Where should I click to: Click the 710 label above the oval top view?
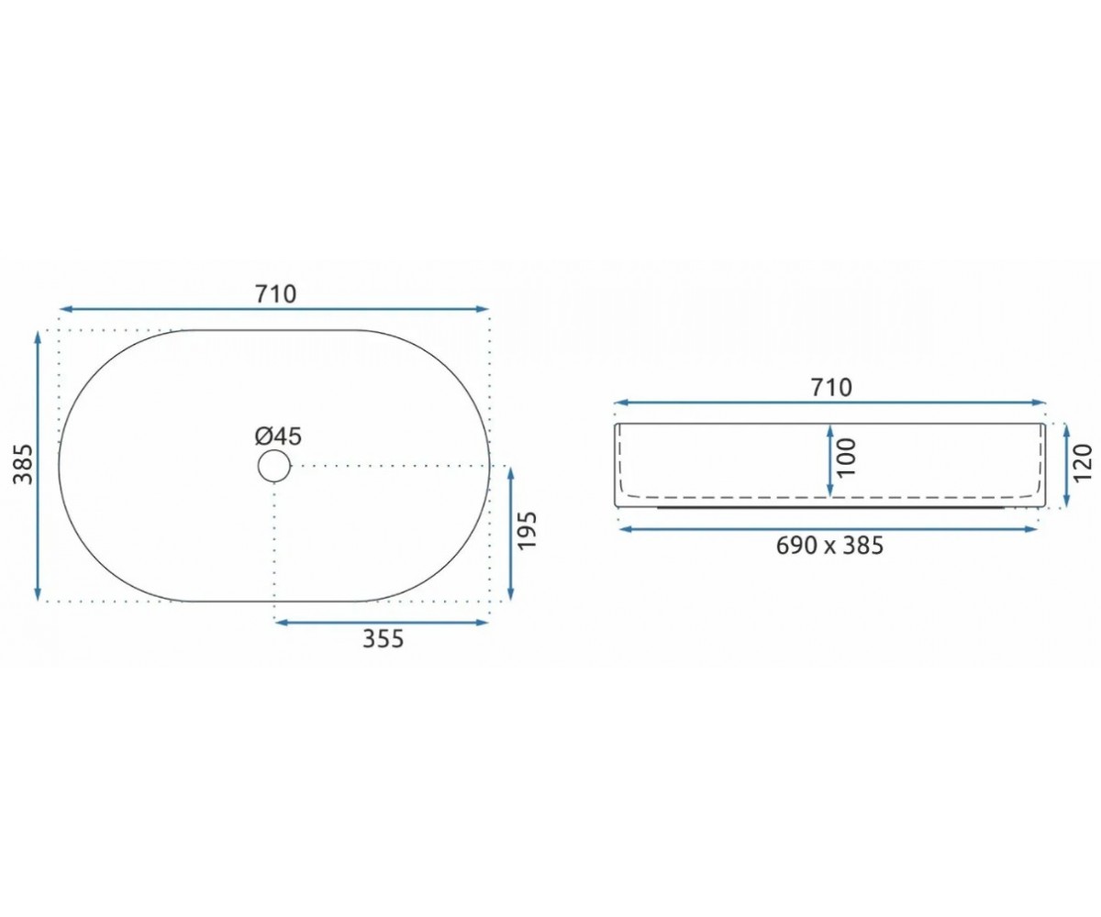(x=276, y=294)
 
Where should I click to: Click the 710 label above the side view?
(x=831, y=389)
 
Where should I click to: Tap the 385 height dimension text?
(x=23, y=464)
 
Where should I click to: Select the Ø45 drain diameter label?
(x=278, y=436)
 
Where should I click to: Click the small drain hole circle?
(x=274, y=466)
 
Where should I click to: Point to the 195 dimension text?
(x=527, y=530)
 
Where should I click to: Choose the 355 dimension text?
(x=383, y=639)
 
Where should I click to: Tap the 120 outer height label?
(x=1083, y=463)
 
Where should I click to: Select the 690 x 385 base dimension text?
(x=829, y=546)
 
